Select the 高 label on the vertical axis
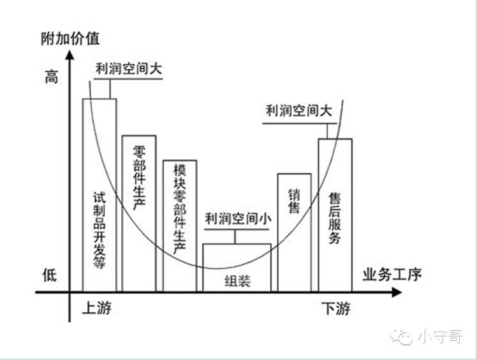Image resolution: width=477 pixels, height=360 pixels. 51,78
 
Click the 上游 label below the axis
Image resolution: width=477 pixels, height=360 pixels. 96,309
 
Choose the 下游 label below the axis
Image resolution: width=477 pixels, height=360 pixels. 335,310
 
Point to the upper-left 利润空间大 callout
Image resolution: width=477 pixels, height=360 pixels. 128,68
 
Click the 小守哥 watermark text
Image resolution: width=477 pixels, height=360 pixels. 441,336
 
